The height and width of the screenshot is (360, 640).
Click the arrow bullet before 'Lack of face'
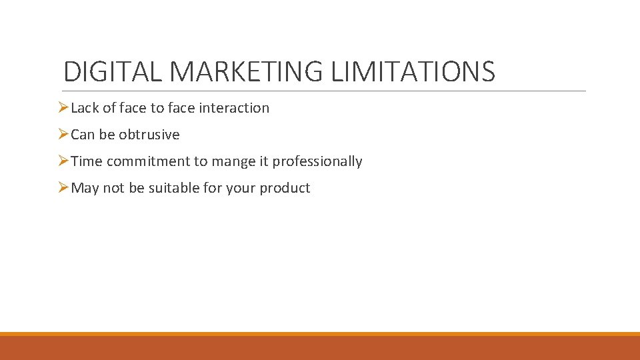click(x=63, y=107)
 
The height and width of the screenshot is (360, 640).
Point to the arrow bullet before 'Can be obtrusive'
click(x=63, y=134)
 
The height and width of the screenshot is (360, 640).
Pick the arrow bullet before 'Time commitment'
click(x=63, y=161)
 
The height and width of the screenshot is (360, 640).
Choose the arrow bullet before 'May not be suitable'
click(x=63, y=187)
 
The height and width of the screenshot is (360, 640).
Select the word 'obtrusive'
click(x=149, y=135)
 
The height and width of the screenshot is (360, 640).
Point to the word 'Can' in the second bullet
click(x=83, y=135)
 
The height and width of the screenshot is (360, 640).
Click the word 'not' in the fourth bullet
click(x=113, y=188)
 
